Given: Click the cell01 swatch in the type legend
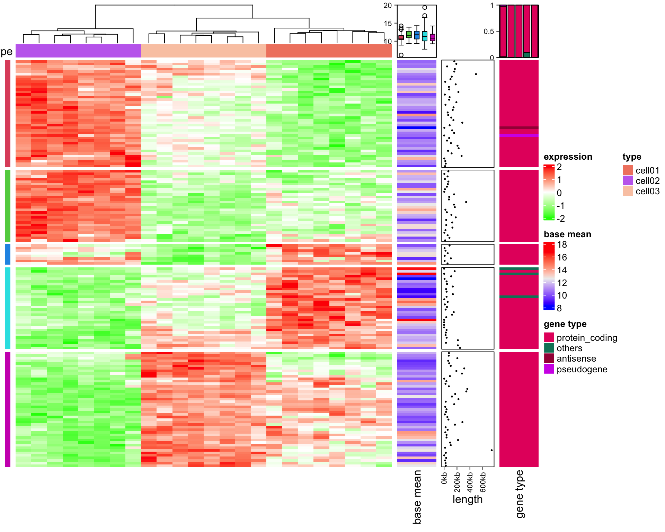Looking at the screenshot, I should tap(628, 170).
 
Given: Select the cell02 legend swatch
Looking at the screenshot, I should tap(628, 180).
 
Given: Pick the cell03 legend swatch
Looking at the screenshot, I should tap(628, 191).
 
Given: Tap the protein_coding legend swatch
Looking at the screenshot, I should tap(549, 337).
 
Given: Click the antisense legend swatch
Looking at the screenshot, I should tap(549, 358).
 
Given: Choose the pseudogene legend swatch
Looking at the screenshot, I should tap(549, 369).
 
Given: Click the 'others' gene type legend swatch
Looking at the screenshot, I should tap(549, 348).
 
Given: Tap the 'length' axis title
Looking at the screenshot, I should tap(467, 499).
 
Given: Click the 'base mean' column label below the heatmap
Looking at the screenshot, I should tap(417, 497).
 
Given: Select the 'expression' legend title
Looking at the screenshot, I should tap(568, 157).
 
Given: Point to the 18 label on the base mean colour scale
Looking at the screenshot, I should tap(562, 245).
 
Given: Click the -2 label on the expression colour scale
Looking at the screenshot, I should tap(560, 219).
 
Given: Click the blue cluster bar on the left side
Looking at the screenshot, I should tap(8, 255).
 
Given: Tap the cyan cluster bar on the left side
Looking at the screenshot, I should tap(8, 308).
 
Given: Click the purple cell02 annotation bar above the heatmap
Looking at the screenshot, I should tap(78, 51).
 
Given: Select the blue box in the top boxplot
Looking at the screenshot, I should tap(417, 35).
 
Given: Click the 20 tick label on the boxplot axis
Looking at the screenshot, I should tap(388, 6).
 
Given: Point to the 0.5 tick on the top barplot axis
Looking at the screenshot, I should tap(489, 32).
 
